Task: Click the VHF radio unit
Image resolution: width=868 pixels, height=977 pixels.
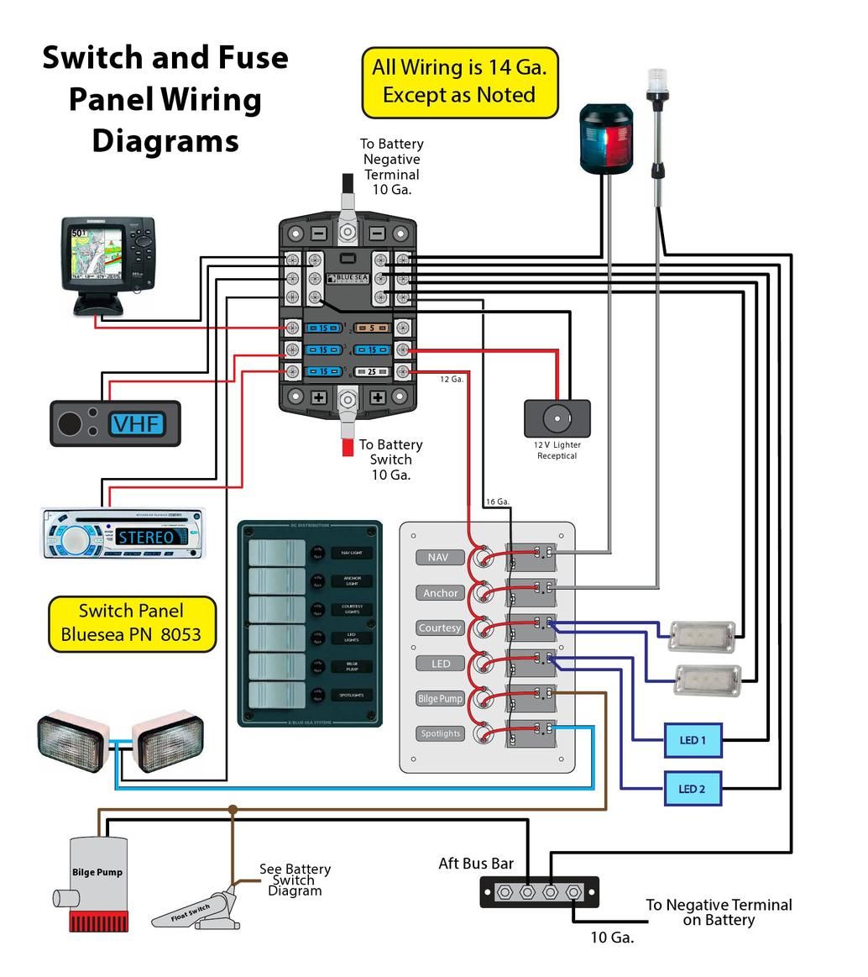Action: (116, 423)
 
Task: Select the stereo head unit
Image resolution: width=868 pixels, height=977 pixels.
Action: (123, 533)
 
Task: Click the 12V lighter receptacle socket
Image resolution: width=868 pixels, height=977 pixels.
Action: (557, 418)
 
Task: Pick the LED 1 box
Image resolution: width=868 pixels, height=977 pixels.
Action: (692, 740)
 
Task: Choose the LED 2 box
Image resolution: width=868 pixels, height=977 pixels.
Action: (692, 789)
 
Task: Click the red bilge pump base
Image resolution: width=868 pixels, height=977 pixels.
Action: (98, 922)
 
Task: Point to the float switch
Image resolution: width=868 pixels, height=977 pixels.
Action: (197, 911)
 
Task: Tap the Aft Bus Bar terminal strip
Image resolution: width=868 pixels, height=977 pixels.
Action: (539, 891)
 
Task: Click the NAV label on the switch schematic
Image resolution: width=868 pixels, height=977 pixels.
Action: (438, 558)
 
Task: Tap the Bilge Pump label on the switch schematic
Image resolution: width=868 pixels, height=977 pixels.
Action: (440, 699)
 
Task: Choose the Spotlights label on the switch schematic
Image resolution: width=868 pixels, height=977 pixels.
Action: (440, 733)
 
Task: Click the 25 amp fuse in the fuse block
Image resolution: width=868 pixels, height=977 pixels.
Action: (370, 371)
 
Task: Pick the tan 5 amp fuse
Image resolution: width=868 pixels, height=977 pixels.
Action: (370, 328)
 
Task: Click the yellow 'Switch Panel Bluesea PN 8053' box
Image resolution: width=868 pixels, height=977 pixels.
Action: (132, 623)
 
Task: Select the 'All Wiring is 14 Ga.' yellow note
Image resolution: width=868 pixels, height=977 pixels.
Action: (459, 81)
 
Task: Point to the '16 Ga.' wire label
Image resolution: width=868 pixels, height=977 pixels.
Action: (497, 502)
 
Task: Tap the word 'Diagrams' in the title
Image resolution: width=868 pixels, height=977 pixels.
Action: (165, 140)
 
